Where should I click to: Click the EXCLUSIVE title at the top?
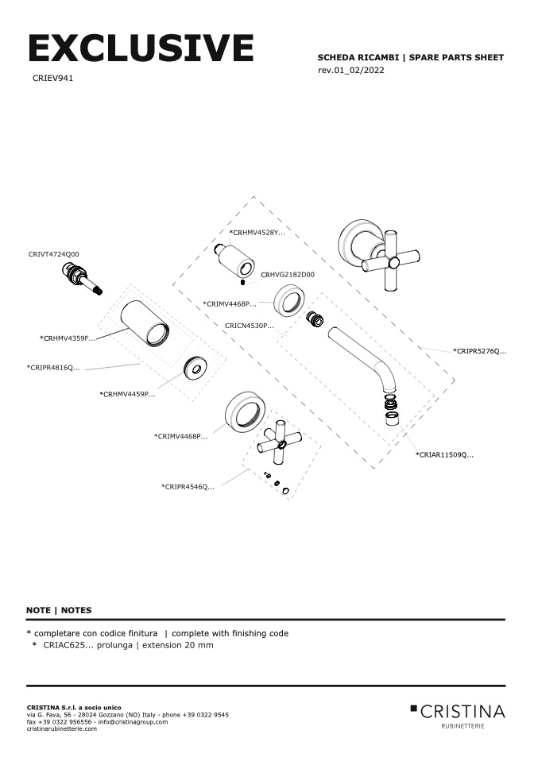[x=141, y=48]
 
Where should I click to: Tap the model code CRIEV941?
[x=54, y=79]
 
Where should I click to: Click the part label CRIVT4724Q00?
[x=54, y=254]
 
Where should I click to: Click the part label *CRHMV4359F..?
[x=68, y=338]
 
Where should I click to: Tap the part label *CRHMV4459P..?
[x=127, y=394]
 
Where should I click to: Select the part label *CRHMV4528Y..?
[x=257, y=233]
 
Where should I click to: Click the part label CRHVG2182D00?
[x=288, y=274]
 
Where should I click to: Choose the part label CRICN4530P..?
[x=250, y=326]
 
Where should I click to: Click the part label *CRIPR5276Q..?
[x=479, y=350]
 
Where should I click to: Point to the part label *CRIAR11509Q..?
[x=444, y=455]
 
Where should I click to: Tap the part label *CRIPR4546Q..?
[x=188, y=486]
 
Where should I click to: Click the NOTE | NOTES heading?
[x=59, y=610]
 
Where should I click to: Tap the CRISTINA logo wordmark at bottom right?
[x=462, y=710]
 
